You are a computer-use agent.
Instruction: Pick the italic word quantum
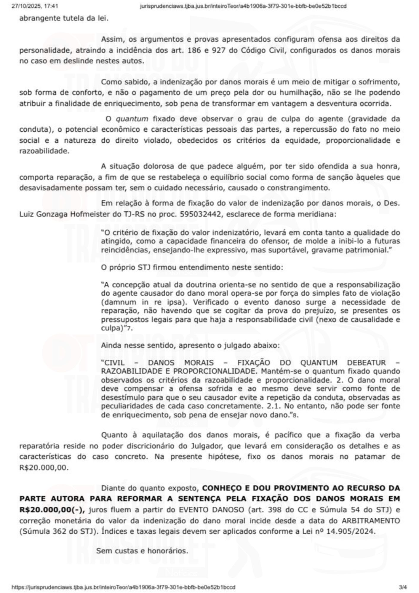[132, 119]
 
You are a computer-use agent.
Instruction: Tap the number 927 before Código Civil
[220, 50]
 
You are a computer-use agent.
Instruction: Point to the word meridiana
[322, 214]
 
